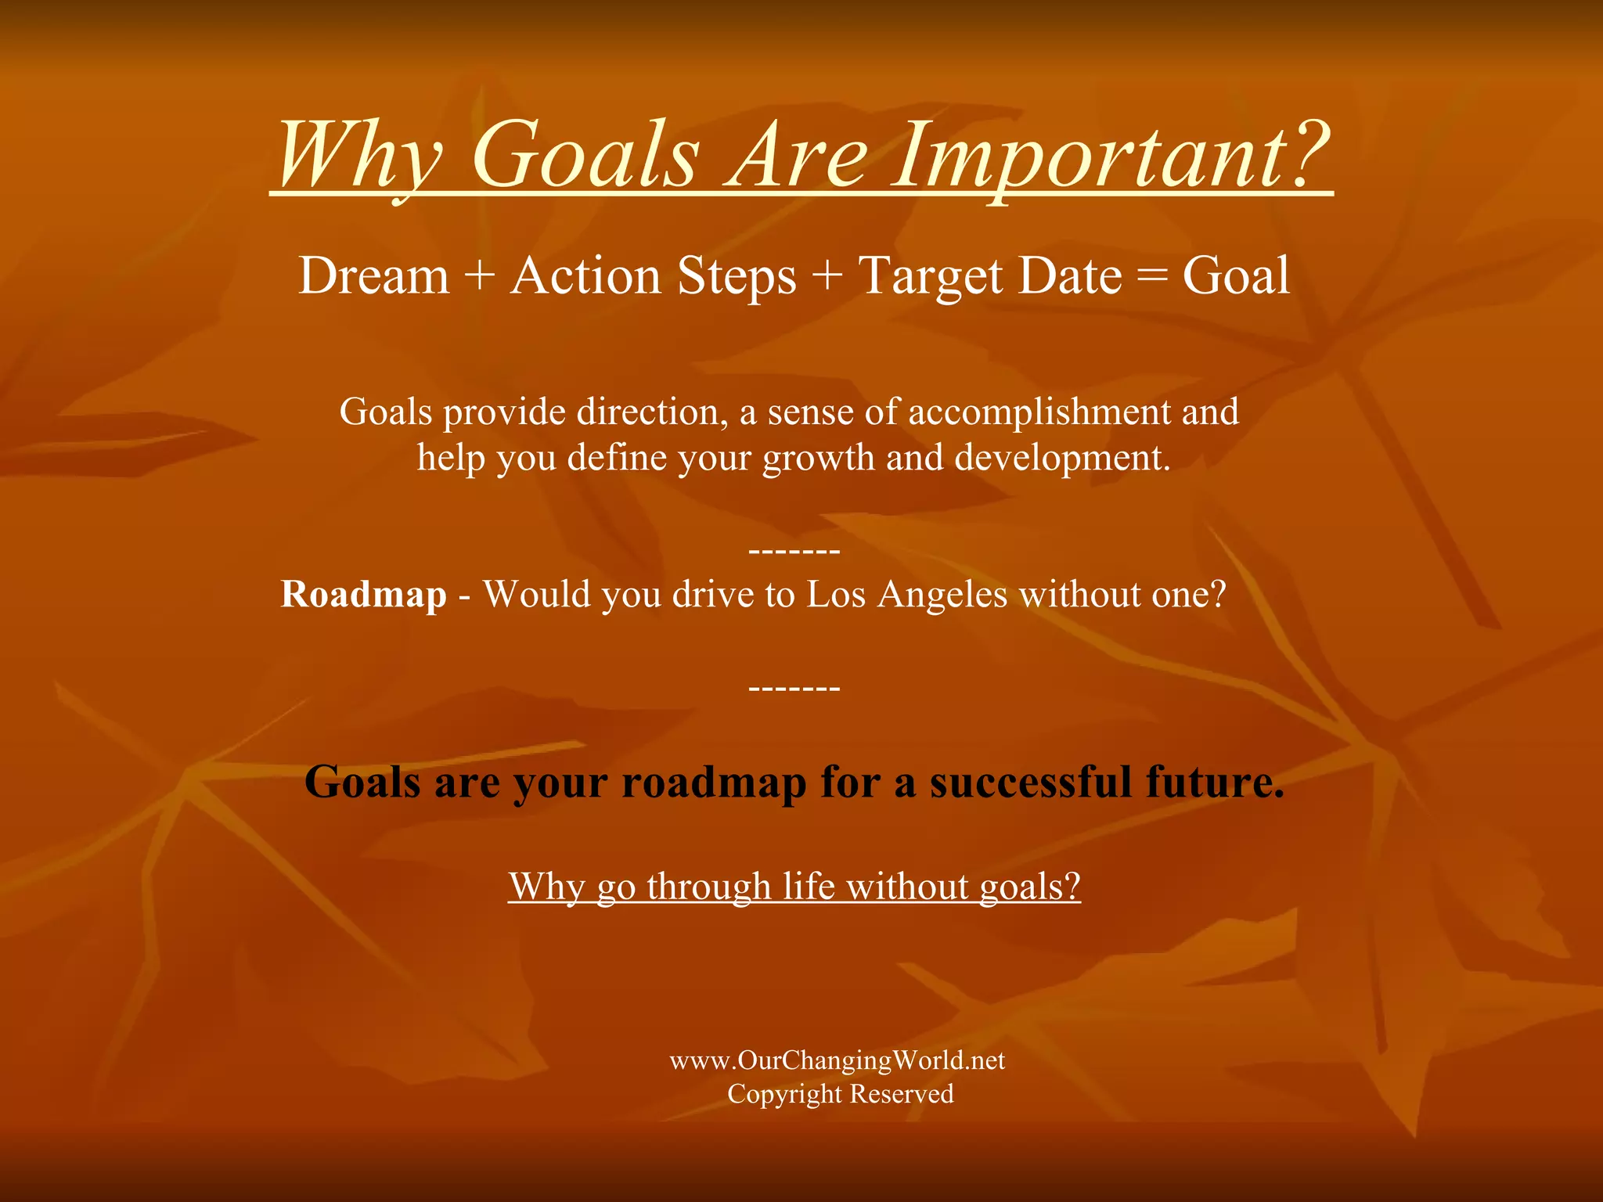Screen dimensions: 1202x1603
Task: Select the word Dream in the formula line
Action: coord(374,276)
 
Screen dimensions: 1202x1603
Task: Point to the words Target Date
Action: coord(991,278)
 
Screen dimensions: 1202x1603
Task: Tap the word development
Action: coord(1062,458)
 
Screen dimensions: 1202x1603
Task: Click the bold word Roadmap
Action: coord(363,595)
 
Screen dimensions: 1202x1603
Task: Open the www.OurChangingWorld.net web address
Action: coord(837,1060)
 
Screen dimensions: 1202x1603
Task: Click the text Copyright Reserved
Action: coord(840,1094)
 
